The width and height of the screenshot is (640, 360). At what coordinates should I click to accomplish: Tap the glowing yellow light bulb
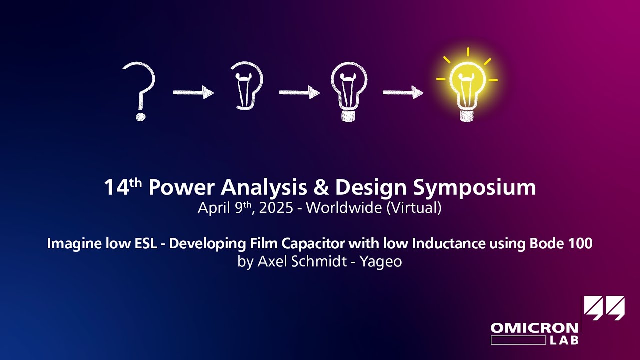[x=467, y=85]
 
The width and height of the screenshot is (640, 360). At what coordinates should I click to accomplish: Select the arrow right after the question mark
[x=193, y=92]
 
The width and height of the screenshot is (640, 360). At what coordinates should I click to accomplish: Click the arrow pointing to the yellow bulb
[x=403, y=92]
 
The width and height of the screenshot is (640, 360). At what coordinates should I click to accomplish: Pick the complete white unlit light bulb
[x=349, y=91]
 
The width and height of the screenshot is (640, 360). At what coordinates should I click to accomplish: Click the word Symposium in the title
[x=474, y=188]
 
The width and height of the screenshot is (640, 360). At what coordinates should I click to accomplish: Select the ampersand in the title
[x=321, y=187]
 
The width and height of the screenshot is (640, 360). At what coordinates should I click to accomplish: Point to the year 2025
[x=276, y=208]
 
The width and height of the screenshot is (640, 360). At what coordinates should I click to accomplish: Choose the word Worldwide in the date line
[x=344, y=207]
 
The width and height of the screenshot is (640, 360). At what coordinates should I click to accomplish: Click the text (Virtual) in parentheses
[x=414, y=207]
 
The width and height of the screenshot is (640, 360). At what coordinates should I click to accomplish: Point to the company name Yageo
[x=381, y=262]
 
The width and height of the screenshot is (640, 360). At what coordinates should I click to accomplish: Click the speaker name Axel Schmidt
[x=302, y=261]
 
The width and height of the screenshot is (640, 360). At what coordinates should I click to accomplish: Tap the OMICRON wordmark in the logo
[x=534, y=328]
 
